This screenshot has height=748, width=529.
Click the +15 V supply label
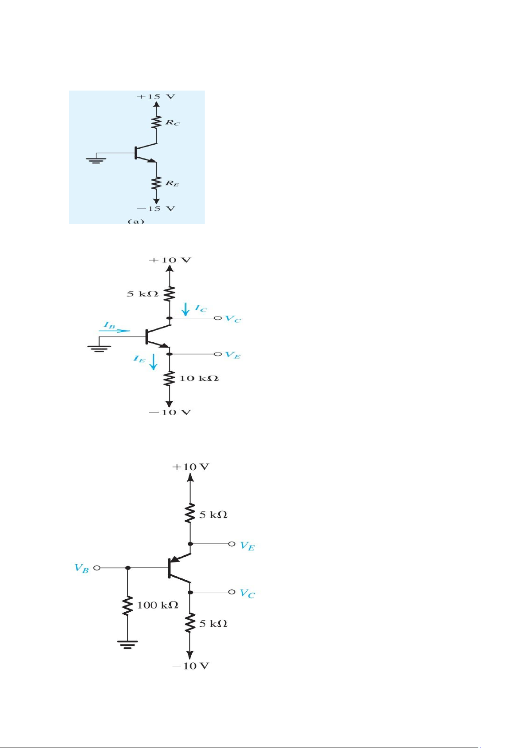(156, 96)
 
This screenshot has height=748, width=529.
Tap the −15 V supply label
(156, 209)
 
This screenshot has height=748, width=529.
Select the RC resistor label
(173, 123)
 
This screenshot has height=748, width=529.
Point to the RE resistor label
(172, 183)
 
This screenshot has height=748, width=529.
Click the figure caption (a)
(136, 221)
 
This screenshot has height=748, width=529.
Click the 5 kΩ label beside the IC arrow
(142, 294)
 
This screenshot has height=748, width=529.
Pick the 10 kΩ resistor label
(199, 378)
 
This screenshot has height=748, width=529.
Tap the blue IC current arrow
(185, 309)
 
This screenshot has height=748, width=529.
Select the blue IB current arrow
(114, 331)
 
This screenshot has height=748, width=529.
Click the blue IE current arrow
(153, 362)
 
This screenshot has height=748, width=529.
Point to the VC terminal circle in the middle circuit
(217, 318)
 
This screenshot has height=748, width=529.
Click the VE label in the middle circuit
(233, 355)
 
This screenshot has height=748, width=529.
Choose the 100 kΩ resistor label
(158, 605)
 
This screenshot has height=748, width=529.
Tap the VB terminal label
(82, 568)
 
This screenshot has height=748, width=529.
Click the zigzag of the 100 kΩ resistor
(127, 606)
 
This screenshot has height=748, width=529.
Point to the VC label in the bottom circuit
(247, 594)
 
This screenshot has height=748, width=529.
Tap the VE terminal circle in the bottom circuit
(232, 544)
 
